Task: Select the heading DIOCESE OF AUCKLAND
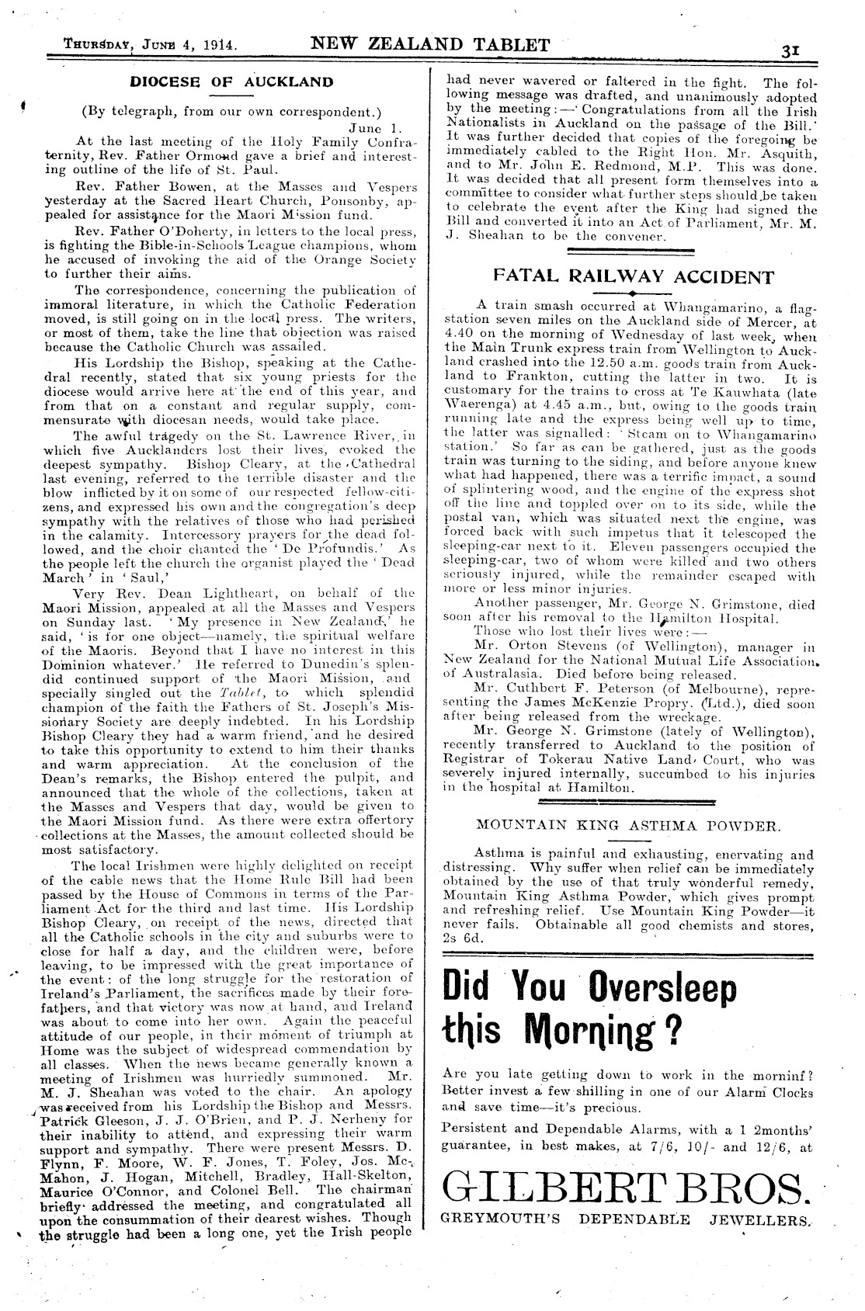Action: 231,82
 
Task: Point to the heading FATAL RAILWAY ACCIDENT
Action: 634,277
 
